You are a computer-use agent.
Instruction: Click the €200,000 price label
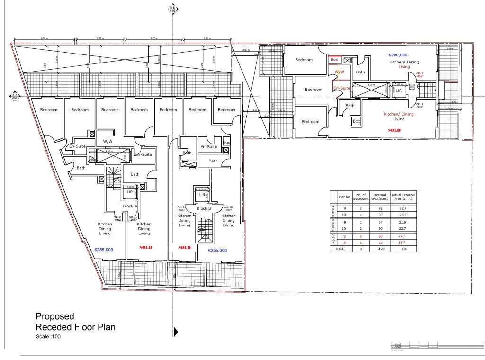click(x=397, y=55)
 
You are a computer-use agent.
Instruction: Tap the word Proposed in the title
click(x=55, y=316)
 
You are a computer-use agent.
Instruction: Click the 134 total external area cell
click(x=403, y=249)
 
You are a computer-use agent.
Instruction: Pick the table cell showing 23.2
click(x=403, y=215)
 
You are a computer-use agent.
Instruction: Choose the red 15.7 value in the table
click(x=403, y=242)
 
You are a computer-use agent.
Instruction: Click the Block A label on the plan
click(x=129, y=206)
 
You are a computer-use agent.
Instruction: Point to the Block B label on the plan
click(x=203, y=208)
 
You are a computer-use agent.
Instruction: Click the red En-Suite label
click(x=341, y=88)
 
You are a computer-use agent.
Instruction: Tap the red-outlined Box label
click(x=334, y=60)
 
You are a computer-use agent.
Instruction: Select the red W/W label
click(x=339, y=72)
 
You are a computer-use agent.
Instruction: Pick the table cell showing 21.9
click(x=403, y=222)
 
